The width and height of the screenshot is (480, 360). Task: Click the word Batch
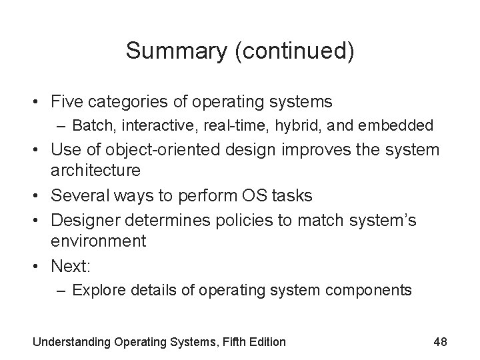coord(89,125)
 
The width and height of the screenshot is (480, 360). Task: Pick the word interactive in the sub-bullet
coord(145,125)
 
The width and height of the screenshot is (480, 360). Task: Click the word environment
coord(98,241)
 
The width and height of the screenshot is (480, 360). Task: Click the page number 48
coord(439,341)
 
